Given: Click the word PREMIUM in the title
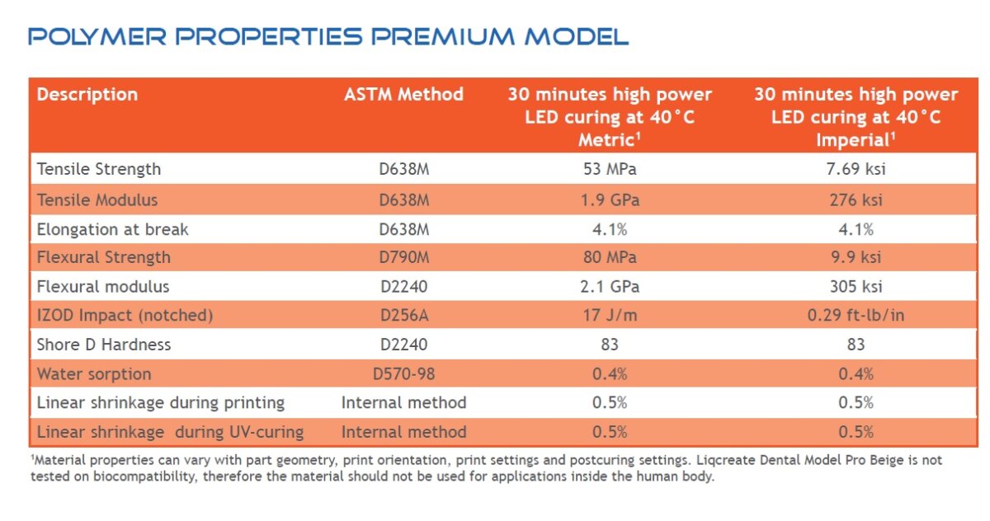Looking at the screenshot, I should click(x=444, y=36).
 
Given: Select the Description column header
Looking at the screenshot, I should click(x=87, y=94).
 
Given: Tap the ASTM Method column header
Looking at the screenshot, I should click(x=403, y=94).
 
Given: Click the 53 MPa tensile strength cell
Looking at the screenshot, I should click(x=610, y=170).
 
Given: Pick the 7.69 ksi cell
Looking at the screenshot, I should click(x=856, y=170).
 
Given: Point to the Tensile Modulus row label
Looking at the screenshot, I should click(x=97, y=199).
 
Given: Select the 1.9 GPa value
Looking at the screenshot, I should click(x=610, y=199).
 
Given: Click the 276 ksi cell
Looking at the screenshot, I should click(x=856, y=199).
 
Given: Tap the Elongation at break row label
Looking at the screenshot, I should click(x=112, y=229).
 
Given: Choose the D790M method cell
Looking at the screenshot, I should click(x=404, y=257).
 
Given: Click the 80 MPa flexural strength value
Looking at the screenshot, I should click(x=610, y=257).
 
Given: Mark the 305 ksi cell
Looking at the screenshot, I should click(x=856, y=287).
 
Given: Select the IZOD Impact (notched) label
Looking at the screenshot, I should click(x=125, y=315).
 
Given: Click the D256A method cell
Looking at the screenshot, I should click(x=404, y=315).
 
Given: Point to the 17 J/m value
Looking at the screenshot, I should click(x=610, y=315).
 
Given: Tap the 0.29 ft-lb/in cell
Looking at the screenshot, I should click(x=856, y=315).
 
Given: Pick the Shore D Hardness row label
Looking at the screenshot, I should click(x=103, y=345).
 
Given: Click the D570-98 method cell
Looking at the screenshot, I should click(x=404, y=373).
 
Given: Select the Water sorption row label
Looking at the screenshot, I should click(x=94, y=373).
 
